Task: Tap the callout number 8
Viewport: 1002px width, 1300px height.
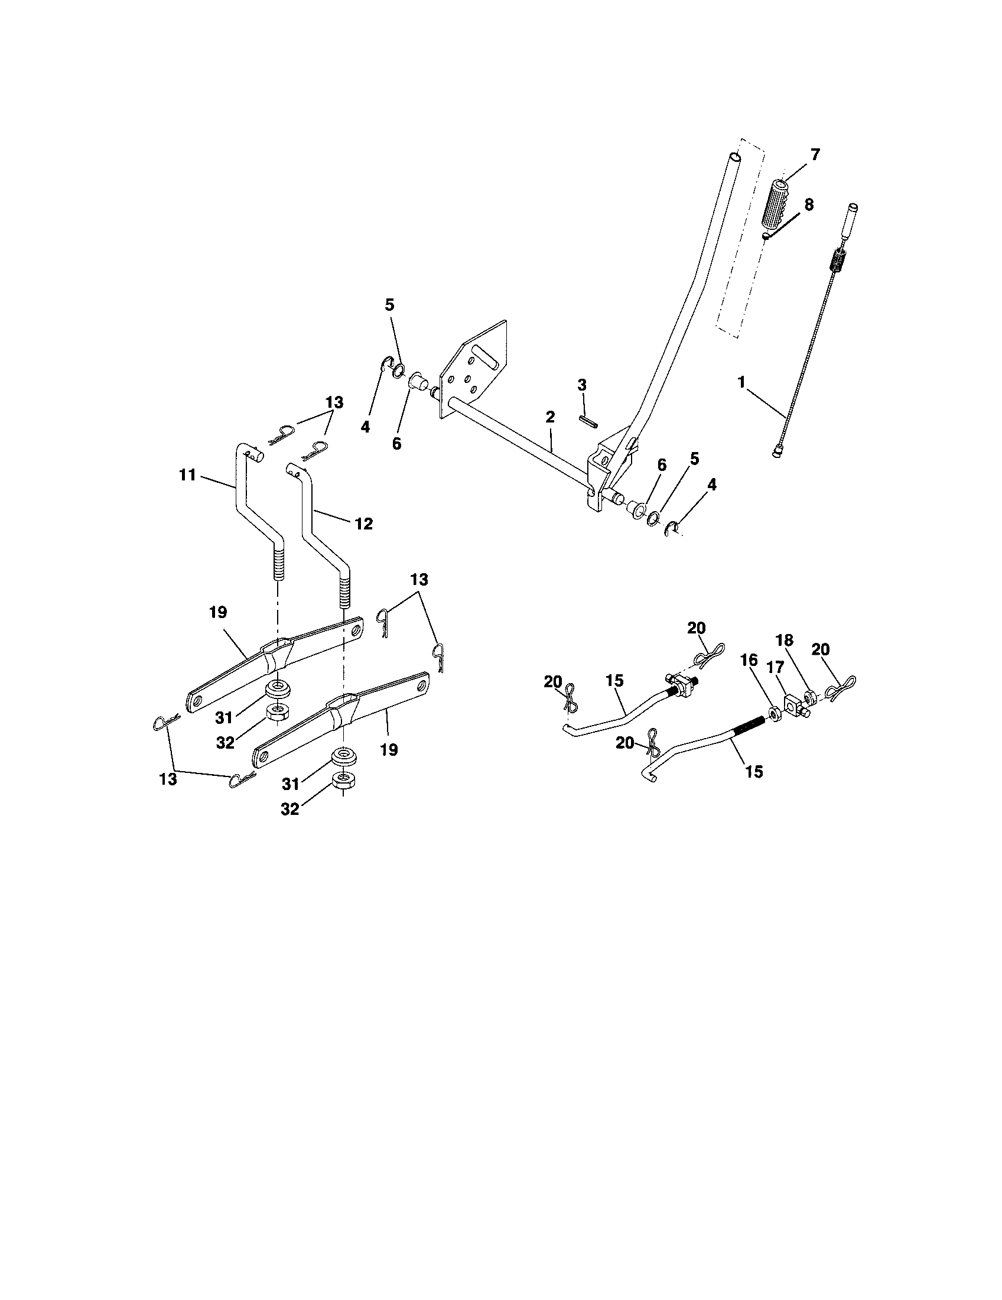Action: [x=809, y=204]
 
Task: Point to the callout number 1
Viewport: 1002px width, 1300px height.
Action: [x=741, y=382]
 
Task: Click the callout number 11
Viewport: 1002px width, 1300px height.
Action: [x=187, y=475]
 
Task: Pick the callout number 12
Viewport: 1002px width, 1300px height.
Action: [x=363, y=523]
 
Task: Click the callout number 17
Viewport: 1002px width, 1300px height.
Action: [x=775, y=668]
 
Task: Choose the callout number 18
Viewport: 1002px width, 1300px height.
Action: [x=785, y=640]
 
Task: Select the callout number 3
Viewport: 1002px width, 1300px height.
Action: [x=582, y=385]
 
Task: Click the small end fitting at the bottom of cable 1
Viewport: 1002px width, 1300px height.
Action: [x=777, y=454]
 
